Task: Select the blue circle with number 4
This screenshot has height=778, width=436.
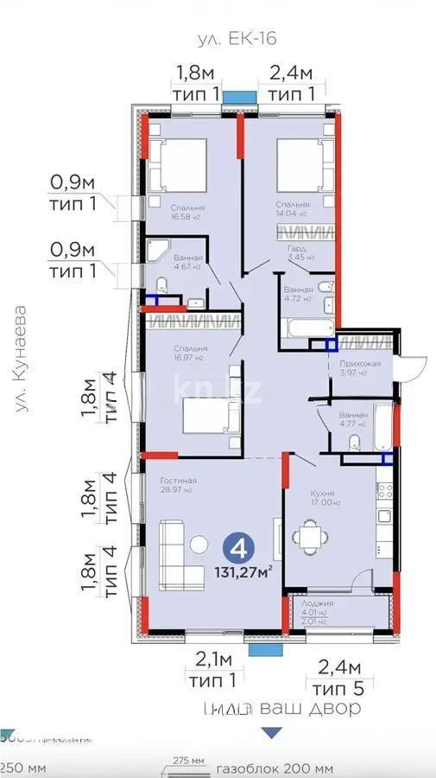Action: tap(238, 550)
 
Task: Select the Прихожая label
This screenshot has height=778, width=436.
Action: tap(358, 364)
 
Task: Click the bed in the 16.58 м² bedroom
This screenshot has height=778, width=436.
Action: tap(177, 163)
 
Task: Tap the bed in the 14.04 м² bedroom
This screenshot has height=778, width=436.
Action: tap(305, 163)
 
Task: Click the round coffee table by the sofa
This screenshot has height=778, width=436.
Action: tap(199, 544)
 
